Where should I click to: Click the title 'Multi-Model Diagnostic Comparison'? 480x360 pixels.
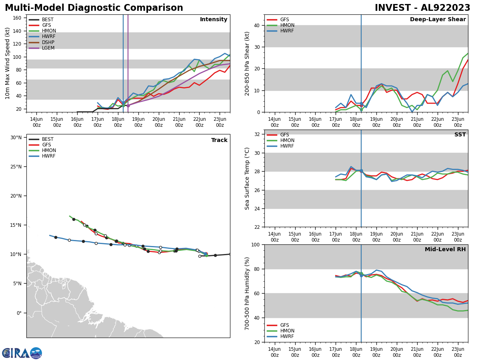pyautogui.click(x=94, y=8)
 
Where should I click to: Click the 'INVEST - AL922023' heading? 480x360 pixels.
pyautogui.click(x=422, y=8)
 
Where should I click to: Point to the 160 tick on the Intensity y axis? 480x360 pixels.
pyautogui.click(x=17, y=18)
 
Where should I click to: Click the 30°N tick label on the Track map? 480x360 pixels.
pyautogui.click(x=16, y=138)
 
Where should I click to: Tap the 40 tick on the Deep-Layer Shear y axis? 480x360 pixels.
pyautogui.click(x=256, y=25)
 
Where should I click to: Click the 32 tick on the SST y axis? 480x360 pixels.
pyautogui.click(x=256, y=134)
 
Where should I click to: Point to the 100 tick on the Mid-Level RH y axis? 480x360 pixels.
pyautogui.click(x=254, y=244)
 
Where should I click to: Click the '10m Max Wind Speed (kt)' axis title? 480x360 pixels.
pyautogui.click(x=8, y=63)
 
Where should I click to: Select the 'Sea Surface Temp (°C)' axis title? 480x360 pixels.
pyautogui.click(x=247, y=178)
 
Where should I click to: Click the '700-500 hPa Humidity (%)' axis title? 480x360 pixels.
pyautogui.click(x=247, y=293)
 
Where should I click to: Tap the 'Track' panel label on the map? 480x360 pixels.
pyautogui.click(x=219, y=140)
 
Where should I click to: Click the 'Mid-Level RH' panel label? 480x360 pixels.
pyautogui.click(x=445, y=250)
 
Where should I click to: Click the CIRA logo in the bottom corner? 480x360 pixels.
pyautogui.click(x=22, y=353)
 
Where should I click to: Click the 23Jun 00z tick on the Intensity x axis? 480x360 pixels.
pyautogui.click(x=220, y=122)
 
